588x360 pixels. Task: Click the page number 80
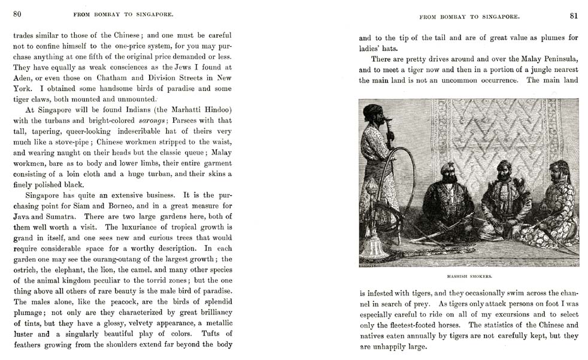(x=17, y=14)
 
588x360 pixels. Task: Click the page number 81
(x=573, y=15)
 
